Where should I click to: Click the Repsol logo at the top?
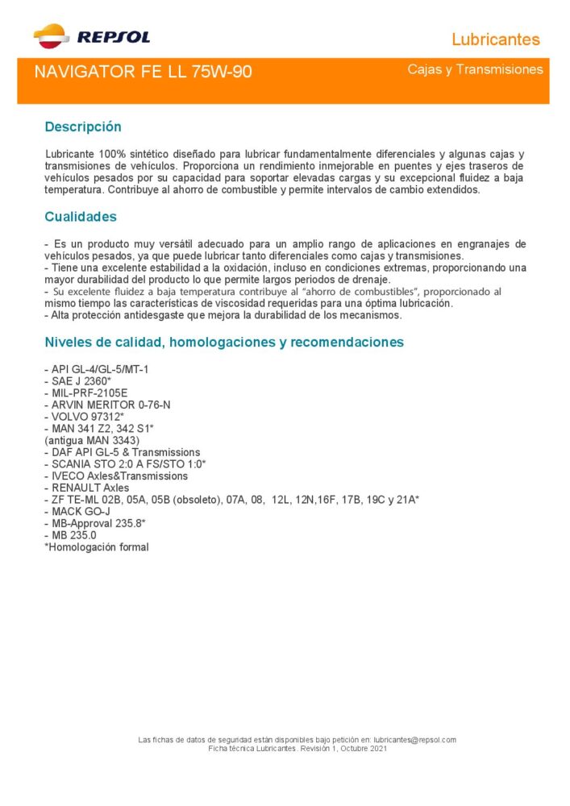tap(91, 35)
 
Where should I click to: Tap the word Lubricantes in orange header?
tap(495, 39)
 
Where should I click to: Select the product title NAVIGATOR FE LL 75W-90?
tap(143, 72)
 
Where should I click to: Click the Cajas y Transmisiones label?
tap(475, 70)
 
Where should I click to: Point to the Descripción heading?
tap(82, 127)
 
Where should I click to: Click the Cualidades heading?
tap(81, 217)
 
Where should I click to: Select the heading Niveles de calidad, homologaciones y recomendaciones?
tap(224, 343)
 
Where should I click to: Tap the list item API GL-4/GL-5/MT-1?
tap(97, 369)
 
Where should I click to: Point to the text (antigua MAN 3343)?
tap(92, 441)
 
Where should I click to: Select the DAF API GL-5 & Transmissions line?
tap(122, 453)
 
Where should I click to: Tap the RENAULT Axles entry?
tap(86, 488)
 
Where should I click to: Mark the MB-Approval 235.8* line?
tap(94, 524)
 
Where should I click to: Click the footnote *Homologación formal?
tap(97, 547)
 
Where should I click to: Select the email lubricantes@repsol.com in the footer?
tap(415, 740)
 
